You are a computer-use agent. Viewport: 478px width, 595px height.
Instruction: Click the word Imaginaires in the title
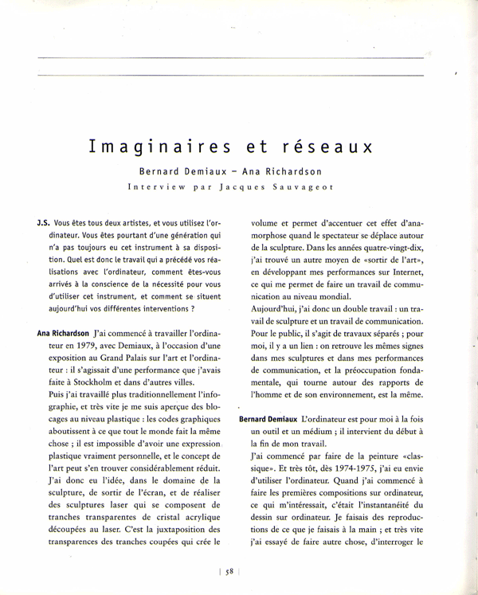[152, 147]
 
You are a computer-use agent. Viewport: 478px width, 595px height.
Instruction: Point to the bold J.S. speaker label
[45, 225]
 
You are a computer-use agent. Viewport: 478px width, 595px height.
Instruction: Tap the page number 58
[229, 570]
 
